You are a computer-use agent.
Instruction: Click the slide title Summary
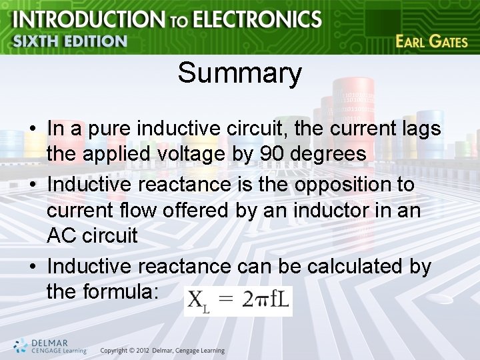pyautogui.click(x=239, y=73)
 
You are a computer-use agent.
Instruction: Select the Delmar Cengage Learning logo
pyautogui.click(x=50, y=345)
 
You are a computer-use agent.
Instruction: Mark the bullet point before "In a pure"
pyautogui.click(x=33, y=128)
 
